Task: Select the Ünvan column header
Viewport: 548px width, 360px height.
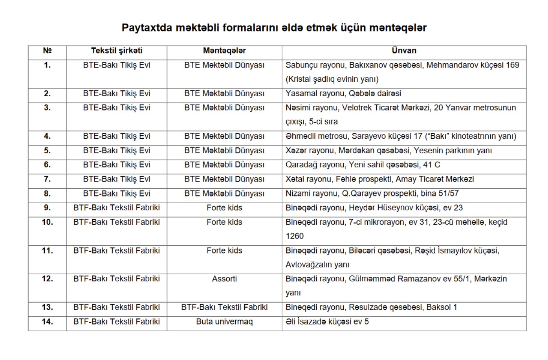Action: tap(404, 51)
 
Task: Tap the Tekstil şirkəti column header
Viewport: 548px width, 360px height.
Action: tap(117, 51)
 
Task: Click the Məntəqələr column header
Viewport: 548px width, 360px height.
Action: tap(224, 51)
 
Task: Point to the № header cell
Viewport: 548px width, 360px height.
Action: tap(47, 51)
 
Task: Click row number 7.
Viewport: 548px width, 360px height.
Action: tap(47, 179)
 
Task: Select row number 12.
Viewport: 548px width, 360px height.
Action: tap(47, 279)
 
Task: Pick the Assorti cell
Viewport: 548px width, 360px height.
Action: tap(224, 279)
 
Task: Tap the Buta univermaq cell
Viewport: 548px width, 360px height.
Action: tap(224, 322)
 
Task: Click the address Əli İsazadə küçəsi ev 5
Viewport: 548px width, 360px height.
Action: tap(327, 322)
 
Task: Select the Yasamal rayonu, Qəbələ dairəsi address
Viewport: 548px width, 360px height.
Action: tap(343, 94)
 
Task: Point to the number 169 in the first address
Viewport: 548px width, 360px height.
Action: tap(512, 65)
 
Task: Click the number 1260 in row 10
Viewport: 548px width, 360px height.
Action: tap(295, 236)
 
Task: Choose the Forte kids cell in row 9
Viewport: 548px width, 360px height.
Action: tap(224, 208)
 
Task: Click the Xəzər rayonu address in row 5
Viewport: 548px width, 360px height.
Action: tap(389, 151)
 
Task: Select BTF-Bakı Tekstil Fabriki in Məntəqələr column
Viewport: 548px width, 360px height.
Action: tap(224, 307)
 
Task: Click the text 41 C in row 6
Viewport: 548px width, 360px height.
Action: tap(431, 165)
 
